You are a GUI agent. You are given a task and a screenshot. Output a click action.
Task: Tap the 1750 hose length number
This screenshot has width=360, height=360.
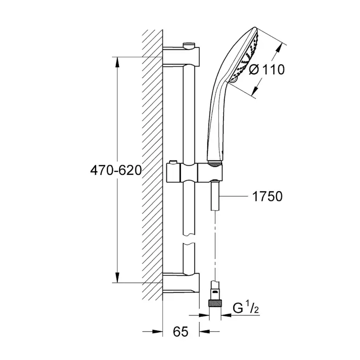[x=267, y=197]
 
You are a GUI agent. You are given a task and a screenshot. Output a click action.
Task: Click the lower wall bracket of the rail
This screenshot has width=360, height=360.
[x=181, y=282]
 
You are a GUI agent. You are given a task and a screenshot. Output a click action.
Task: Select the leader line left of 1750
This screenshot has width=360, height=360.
[x=235, y=197]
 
